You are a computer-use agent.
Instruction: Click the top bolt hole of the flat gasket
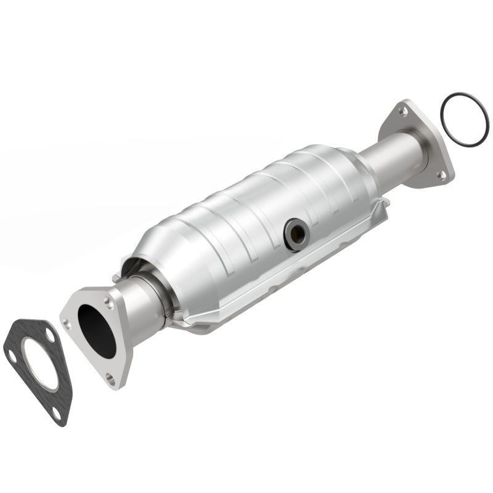pyautogui.click(x=49, y=332)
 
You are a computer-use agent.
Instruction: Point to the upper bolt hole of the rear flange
pyautogui.click(x=402, y=112)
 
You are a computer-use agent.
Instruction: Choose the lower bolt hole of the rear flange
pyautogui.click(x=441, y=175)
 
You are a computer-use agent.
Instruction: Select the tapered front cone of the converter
pyautogui.click(x=157, y=259)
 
